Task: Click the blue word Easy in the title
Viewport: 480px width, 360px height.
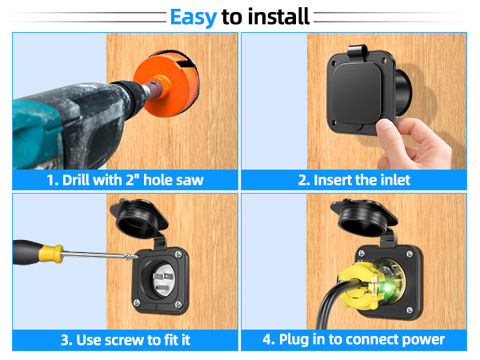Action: point(193,18)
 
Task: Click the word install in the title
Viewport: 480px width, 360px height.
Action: point(278,17)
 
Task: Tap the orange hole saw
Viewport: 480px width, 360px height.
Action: point(166,83)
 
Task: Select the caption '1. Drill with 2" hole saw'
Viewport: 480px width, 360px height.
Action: point(125,180)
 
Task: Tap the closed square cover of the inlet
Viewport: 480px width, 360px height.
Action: point(357,93)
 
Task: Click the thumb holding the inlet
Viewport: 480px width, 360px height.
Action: point(386,132)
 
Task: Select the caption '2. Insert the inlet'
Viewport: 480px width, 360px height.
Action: point(354,180)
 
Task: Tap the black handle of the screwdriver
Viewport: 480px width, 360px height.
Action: point(27,252)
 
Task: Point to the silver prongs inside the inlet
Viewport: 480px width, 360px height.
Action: point(162,280)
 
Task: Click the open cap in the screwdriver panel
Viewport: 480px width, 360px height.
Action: point(139,218)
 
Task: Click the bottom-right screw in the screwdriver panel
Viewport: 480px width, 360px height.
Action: point(178,304)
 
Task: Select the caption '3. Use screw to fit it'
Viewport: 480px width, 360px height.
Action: point(126,340)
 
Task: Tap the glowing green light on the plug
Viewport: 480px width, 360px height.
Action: point(387,288)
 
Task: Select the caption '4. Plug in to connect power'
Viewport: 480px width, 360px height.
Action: point(354,340)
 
